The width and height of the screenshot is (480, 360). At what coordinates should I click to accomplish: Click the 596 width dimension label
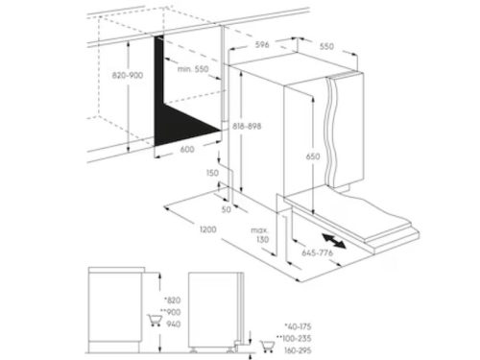(262, 44)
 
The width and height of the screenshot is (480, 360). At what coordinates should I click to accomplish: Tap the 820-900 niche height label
(128, 76)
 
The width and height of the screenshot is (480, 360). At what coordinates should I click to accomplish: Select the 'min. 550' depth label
(193, 69)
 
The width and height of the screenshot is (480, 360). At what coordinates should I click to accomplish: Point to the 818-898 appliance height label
(247, 126)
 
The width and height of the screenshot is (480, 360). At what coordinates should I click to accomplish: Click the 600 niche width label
(187, 149)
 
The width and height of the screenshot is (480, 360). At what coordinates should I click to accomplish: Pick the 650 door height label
(313, 156)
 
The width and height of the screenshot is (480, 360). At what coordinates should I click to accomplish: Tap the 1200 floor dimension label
(208, 229)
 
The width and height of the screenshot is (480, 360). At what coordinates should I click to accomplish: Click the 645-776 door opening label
(318, 252)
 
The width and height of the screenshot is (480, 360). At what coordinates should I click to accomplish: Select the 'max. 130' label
(260, 234)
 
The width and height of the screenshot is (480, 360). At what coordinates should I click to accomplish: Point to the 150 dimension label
(212, 173)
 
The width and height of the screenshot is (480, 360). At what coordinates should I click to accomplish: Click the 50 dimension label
(227, 209)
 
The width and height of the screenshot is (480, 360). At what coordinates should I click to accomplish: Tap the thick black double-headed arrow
(334, 241)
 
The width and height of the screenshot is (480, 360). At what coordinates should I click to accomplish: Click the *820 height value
(173, 300)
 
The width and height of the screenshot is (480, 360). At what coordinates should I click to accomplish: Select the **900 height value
(170, 312)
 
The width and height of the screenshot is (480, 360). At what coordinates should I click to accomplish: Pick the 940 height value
(174, 324)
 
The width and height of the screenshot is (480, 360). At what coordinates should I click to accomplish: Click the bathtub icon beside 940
(155, 320)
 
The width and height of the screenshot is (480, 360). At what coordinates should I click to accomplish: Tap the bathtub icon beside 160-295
(267, 347)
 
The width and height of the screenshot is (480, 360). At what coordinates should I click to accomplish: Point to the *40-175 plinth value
(298, 326)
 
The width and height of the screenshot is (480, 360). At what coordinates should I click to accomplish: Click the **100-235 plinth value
(294, 338)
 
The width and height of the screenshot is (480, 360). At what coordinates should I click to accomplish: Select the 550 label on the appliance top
(326, 46)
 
